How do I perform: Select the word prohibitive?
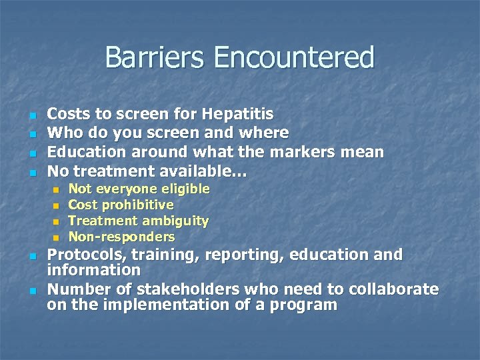point(141,205)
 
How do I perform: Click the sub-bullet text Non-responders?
point(122,237)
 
